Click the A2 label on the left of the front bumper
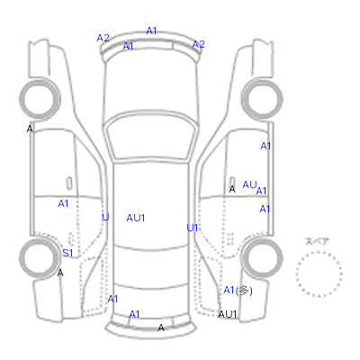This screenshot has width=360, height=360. (x=103, y=38)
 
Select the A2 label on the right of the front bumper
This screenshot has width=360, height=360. (x=198, y=44)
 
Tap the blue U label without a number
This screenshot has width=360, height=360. (x=105, y=217)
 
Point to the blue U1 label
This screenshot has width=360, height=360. (x=193, y=228)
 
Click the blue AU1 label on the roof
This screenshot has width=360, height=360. (x=136, y=218)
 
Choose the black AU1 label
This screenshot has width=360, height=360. (x=228, y=314)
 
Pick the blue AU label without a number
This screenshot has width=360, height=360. (x=249, y=184)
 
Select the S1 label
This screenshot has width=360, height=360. (x=67, y=253)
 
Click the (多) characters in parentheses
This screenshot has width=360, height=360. (x=244, y=291)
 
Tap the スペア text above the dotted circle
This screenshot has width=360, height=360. (x=317, y=241)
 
